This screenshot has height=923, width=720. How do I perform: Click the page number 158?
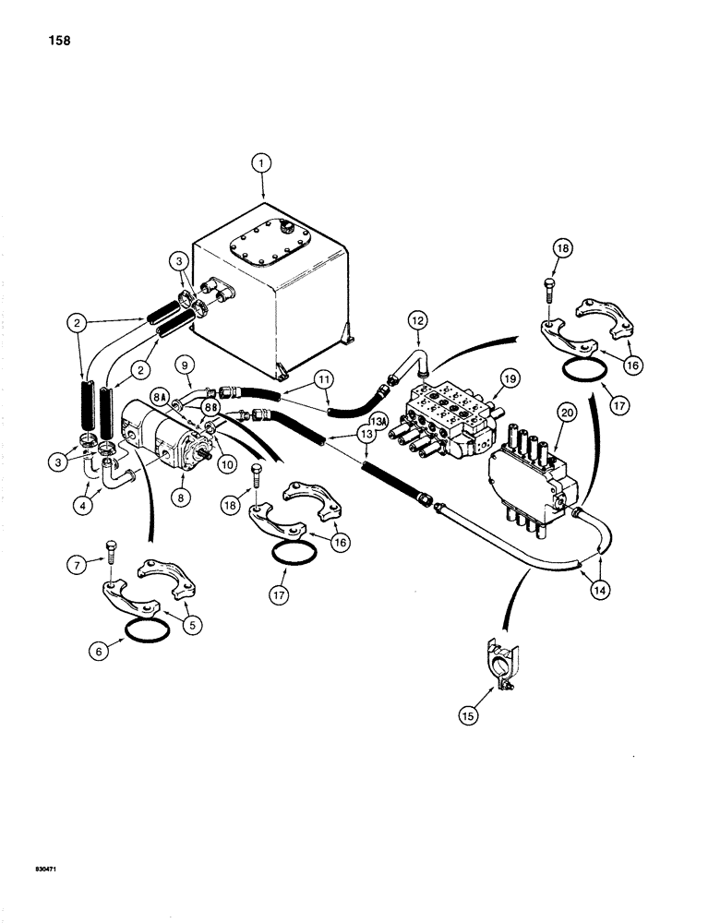[52, 42]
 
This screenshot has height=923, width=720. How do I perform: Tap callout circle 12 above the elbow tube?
[415, 320]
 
